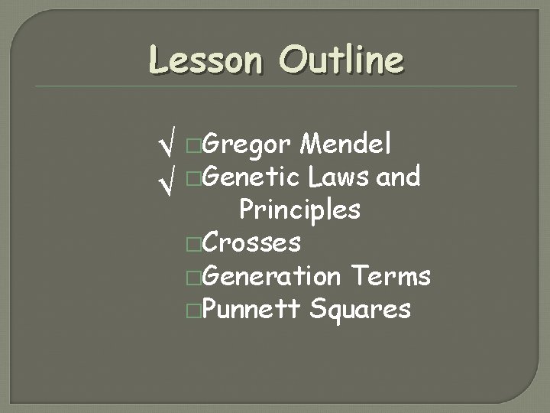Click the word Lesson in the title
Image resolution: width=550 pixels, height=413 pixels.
click(x=204, y=59)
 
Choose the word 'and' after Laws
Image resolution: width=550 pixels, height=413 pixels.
click(x=400, y=177)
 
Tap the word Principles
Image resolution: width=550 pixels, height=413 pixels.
click(x=299, y=209)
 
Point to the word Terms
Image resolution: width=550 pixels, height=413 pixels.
click(x=391, y=276)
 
